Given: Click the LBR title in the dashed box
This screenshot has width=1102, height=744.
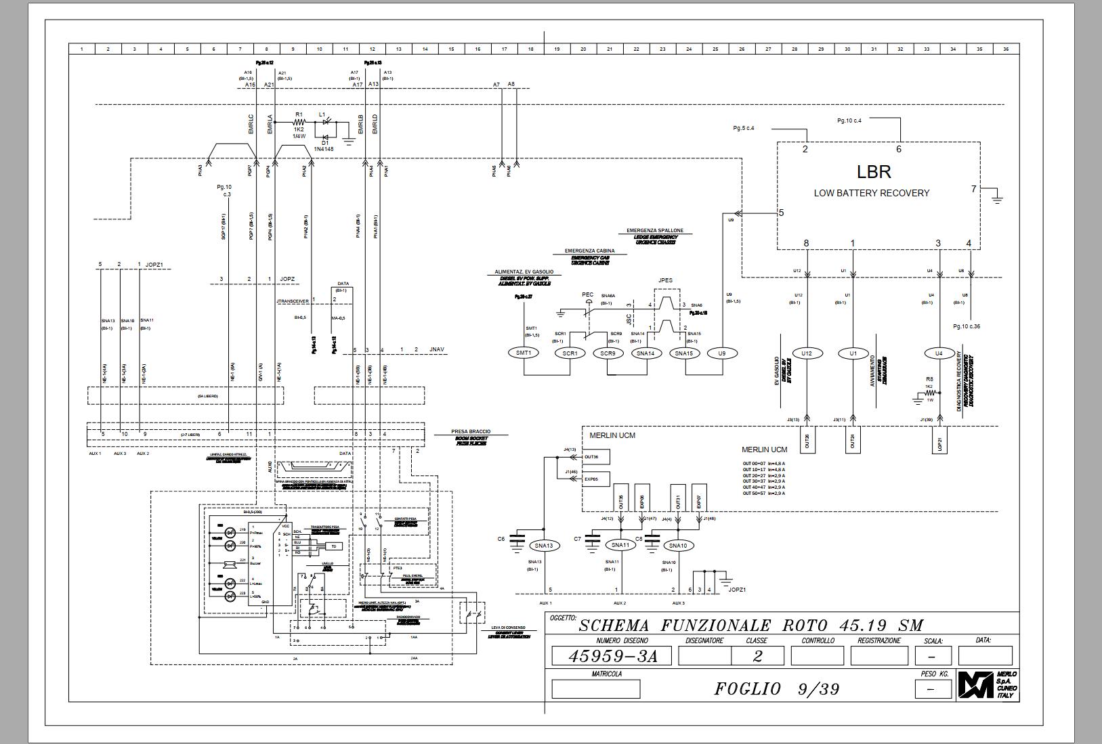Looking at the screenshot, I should [874, 172].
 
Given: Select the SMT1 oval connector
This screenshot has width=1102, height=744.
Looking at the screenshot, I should [524, 353].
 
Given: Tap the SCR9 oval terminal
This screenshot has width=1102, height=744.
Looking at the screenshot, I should [608, 353].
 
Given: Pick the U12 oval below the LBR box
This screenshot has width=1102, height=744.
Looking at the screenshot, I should [806, 353].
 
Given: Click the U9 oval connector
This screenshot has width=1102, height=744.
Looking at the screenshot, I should [722, 353].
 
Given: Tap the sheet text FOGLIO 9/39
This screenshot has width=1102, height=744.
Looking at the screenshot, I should [777, 689].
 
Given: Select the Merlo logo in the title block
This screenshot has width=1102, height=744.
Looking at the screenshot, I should [975, 686].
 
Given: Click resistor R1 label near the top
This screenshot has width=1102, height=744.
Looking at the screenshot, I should [299, 115].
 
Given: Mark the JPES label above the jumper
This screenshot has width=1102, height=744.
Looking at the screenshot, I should [665, 280].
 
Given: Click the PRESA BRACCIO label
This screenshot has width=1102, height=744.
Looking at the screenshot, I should [471, 431].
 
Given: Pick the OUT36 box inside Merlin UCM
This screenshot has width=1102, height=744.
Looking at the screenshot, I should [591, 457].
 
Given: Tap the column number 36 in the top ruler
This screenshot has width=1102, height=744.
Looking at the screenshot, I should [1006, 49].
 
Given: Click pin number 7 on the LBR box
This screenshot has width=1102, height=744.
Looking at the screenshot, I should [974, 189].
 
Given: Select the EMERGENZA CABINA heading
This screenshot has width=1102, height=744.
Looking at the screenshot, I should [589, 251].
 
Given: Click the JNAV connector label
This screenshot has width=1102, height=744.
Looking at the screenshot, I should [437, 350].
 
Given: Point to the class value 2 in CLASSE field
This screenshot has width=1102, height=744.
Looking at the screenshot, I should [757, 655].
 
